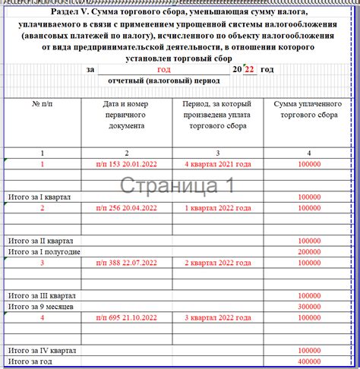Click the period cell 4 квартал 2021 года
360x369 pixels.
(217, 163)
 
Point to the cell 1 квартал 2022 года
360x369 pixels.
(217, 207)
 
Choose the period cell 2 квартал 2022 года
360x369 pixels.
(217, 262)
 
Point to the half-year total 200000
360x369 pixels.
(309, 251)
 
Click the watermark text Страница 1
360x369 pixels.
(178, 185)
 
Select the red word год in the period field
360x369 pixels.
(163, 69)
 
